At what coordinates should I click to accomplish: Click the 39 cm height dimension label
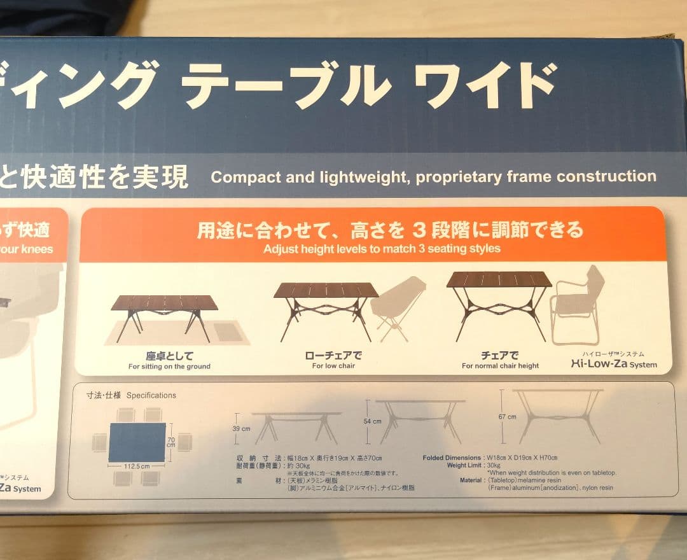tap(242, 428)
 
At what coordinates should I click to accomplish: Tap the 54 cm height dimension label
tap(372, 421)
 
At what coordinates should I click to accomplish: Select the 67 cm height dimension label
tap(508, 417)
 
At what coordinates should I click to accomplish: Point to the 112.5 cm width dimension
tap(137, 466)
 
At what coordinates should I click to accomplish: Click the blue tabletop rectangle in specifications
tap(137, 442)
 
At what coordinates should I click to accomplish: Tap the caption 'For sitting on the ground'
tap(169, 367)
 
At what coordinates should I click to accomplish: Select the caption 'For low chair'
tap(333, 366)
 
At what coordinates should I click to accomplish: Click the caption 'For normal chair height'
tap(500, 366)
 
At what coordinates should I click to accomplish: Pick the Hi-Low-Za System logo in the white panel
tap(614, 365)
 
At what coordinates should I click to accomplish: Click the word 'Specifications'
tap(151, 395)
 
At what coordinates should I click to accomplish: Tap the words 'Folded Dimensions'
tap(452, 458)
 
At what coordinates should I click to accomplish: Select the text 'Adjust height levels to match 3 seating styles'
tap(382, 249)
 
